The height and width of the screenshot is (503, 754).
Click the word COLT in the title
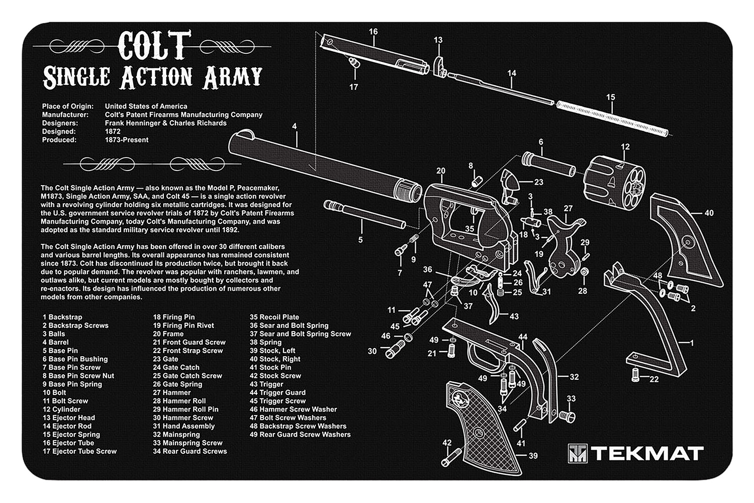(x=154, y=45)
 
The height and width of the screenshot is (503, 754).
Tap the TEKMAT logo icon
(x=577, y=453)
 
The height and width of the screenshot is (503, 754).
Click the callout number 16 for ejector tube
(x=373, y=32)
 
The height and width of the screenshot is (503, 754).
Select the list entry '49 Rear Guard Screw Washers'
(x=300, y=435)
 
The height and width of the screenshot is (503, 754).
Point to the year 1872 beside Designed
(x=113, y=131)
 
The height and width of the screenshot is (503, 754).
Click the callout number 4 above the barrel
(x=295, y=126)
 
